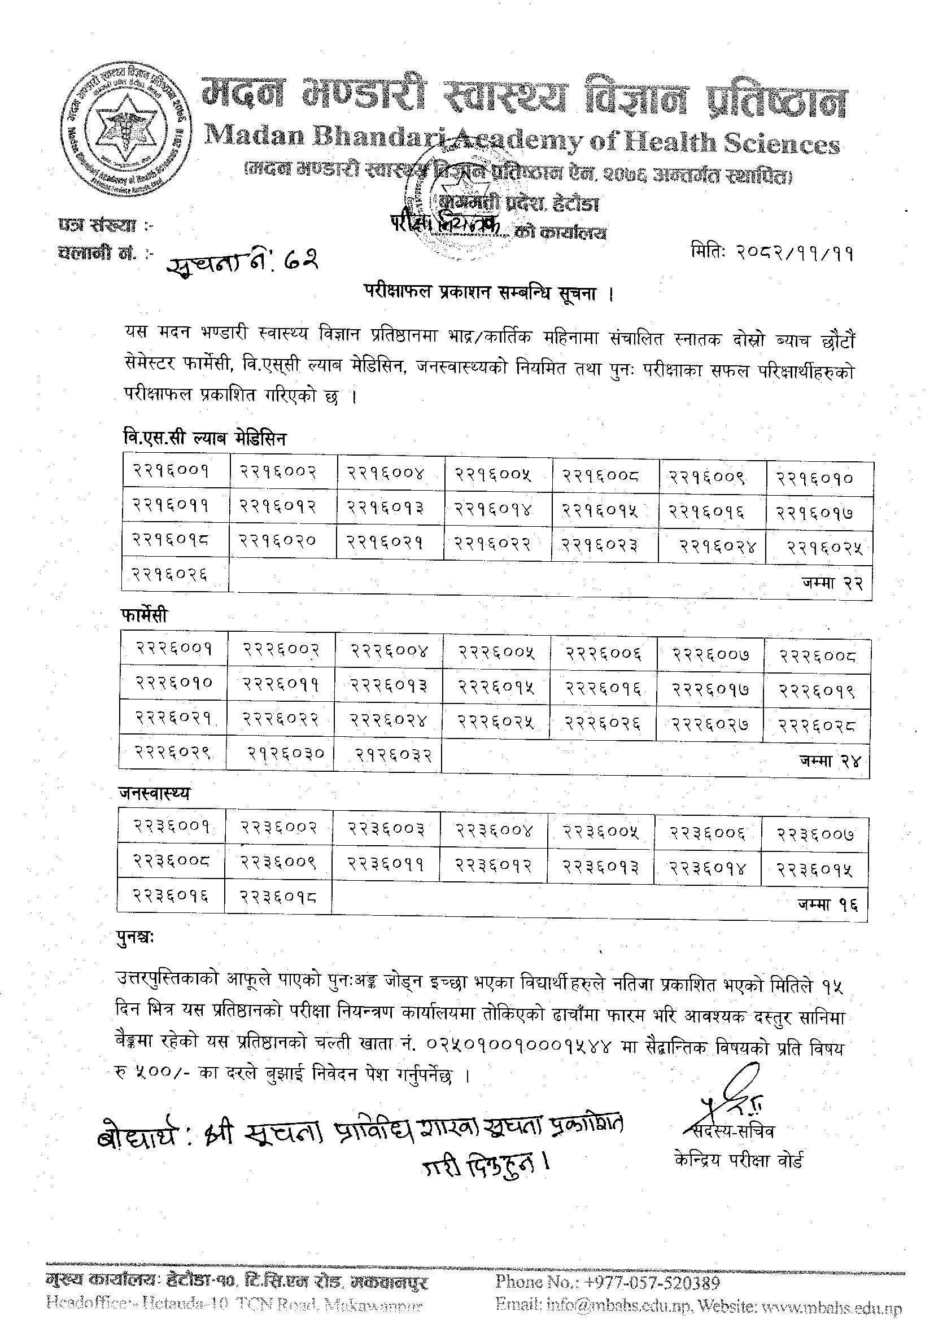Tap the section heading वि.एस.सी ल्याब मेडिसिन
click(204, 439)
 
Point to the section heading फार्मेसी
click(145, 615)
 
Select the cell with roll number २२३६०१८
click(278, 895)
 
